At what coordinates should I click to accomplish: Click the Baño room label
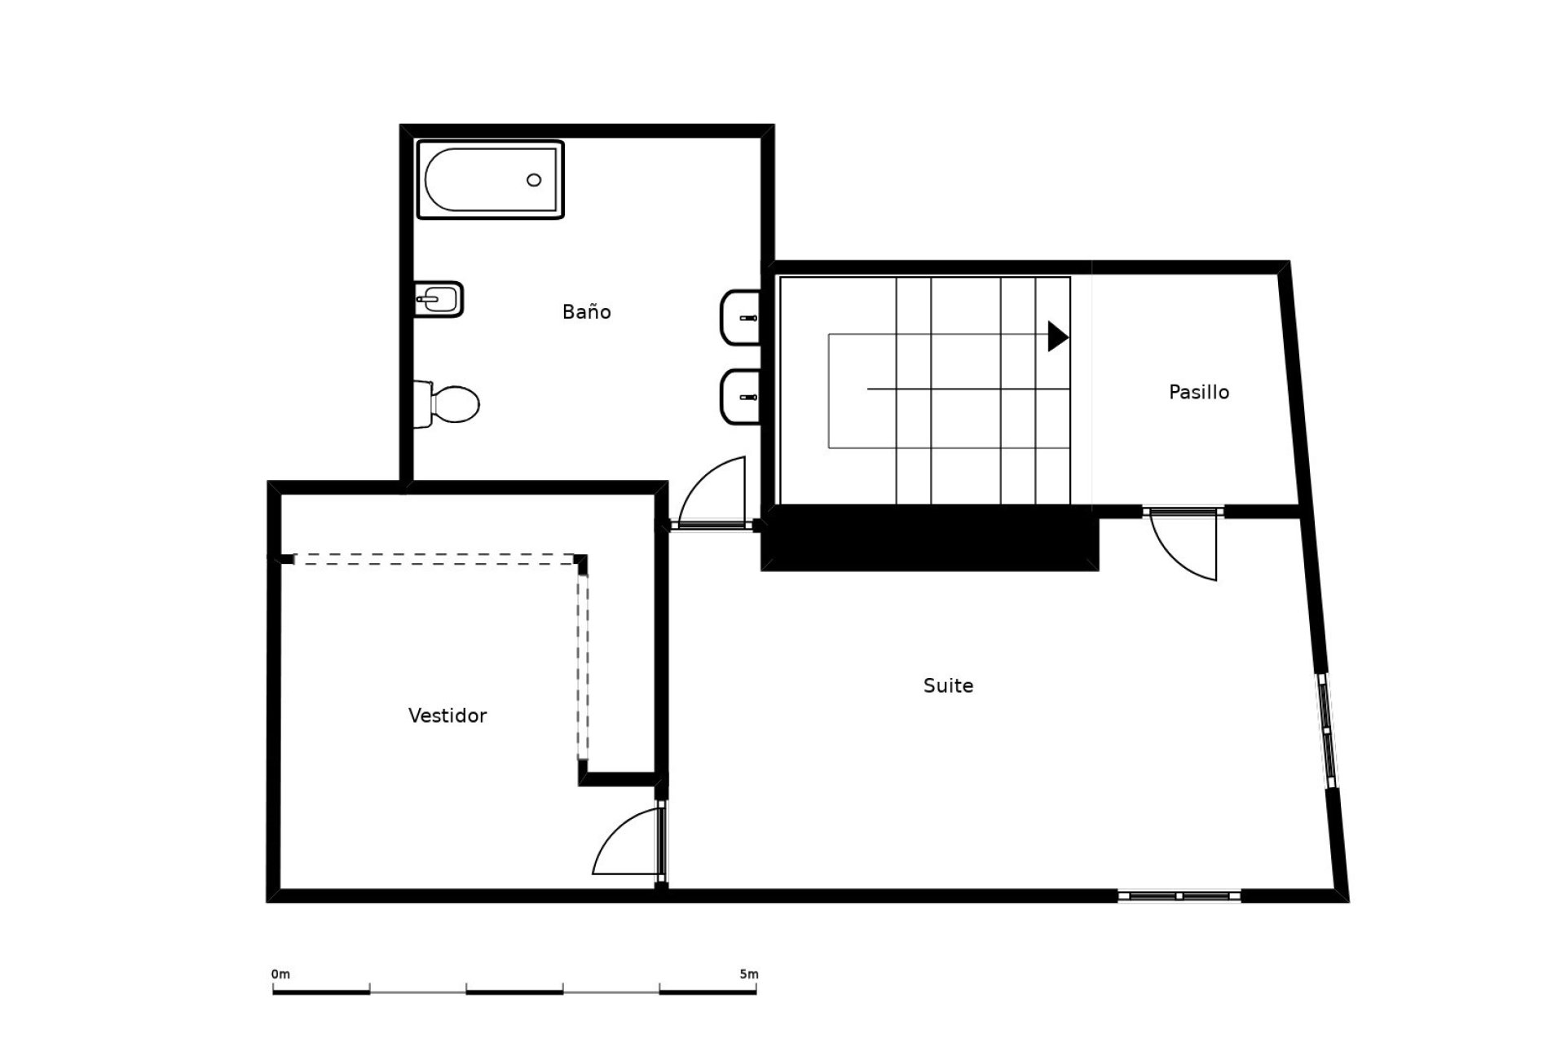[586, 311]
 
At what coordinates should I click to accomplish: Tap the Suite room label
[948, 685]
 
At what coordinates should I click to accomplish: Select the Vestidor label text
[447, 715]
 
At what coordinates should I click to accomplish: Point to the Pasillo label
[1199, 392]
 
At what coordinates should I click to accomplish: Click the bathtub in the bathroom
[491, 179]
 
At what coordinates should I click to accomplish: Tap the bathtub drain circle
[534, 180]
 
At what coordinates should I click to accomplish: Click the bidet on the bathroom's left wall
[439, 299]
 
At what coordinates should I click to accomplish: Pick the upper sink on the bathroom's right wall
[740, 317]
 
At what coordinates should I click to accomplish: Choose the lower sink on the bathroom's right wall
[740, 397]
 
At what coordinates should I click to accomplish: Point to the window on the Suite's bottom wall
[1179, 896]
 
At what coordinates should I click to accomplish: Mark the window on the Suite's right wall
[1327, 729]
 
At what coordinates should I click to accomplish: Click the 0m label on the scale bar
[280, 974]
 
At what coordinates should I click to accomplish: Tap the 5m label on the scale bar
[749, 974]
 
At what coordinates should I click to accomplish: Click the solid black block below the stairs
[930, 538]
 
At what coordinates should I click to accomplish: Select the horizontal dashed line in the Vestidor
[435, 560]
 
